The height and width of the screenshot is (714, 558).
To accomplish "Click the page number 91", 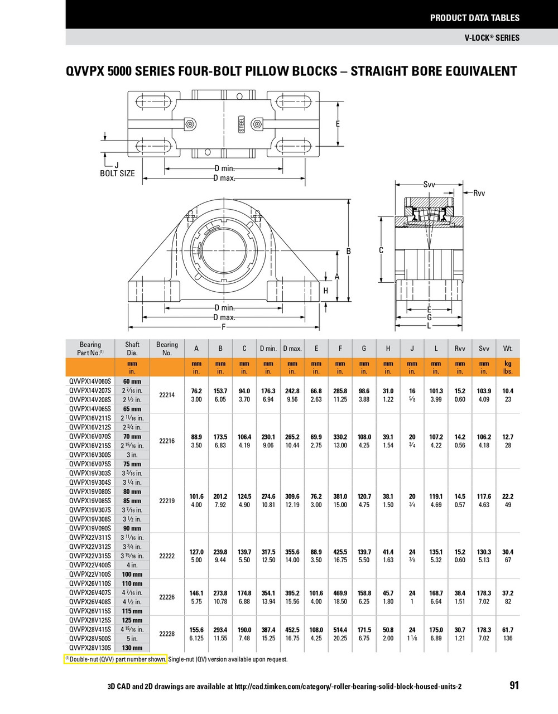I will point(514,685).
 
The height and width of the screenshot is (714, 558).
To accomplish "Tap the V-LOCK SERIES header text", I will point(492,38).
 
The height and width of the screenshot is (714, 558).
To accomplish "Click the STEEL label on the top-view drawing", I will point(242,124).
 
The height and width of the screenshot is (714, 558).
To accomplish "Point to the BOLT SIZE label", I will point(117,173).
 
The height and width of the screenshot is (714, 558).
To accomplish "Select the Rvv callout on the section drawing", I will point(479,193).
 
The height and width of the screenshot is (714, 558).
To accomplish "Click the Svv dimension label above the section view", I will point(429,184).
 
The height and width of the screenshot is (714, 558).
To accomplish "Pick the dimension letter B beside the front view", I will point(349,252).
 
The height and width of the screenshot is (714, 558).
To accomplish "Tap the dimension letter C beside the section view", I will point(381,250).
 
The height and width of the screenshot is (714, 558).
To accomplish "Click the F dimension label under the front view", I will point(224,327).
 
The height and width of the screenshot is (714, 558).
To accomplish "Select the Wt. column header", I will point(508,348).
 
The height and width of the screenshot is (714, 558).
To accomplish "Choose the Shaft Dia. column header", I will point(132,349).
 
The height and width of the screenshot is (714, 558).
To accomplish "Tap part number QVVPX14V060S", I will point(90,382).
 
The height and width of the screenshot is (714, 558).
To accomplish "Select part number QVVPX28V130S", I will point(90,648).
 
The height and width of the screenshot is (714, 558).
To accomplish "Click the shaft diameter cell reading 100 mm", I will point(132,574).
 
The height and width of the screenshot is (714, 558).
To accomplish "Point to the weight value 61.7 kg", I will point(508,630).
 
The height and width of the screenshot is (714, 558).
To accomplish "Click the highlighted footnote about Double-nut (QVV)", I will point(116,659).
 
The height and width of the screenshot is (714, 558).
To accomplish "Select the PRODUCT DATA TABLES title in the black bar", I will point(474,18).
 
